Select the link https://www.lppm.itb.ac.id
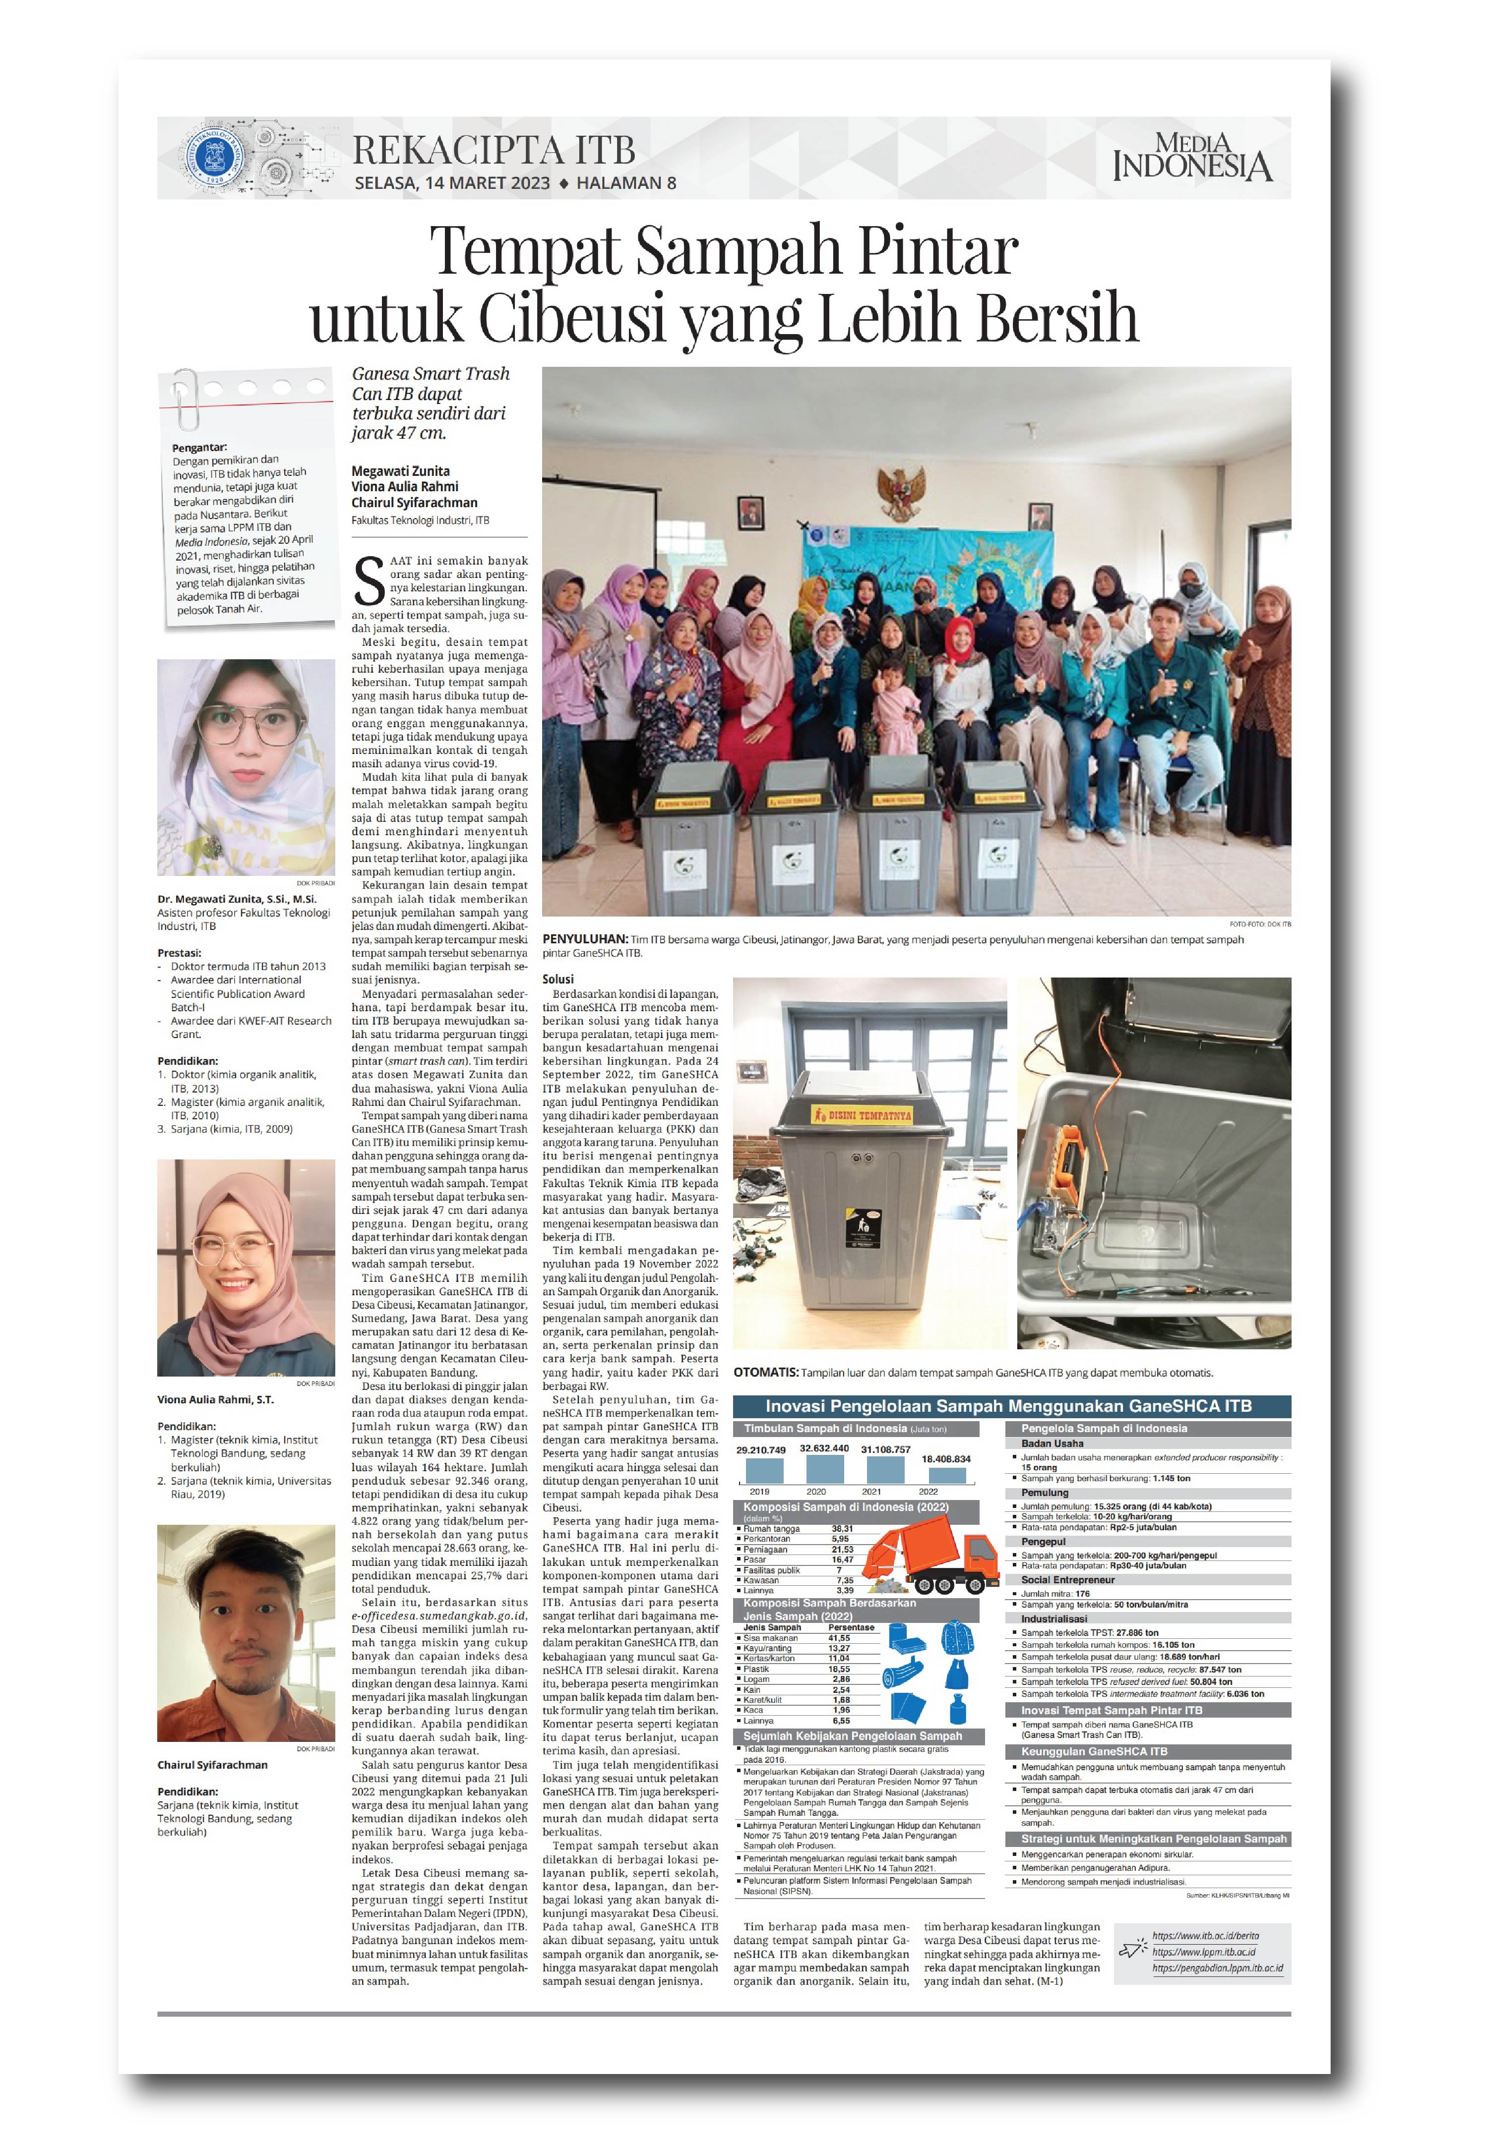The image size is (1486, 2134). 1203,1952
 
